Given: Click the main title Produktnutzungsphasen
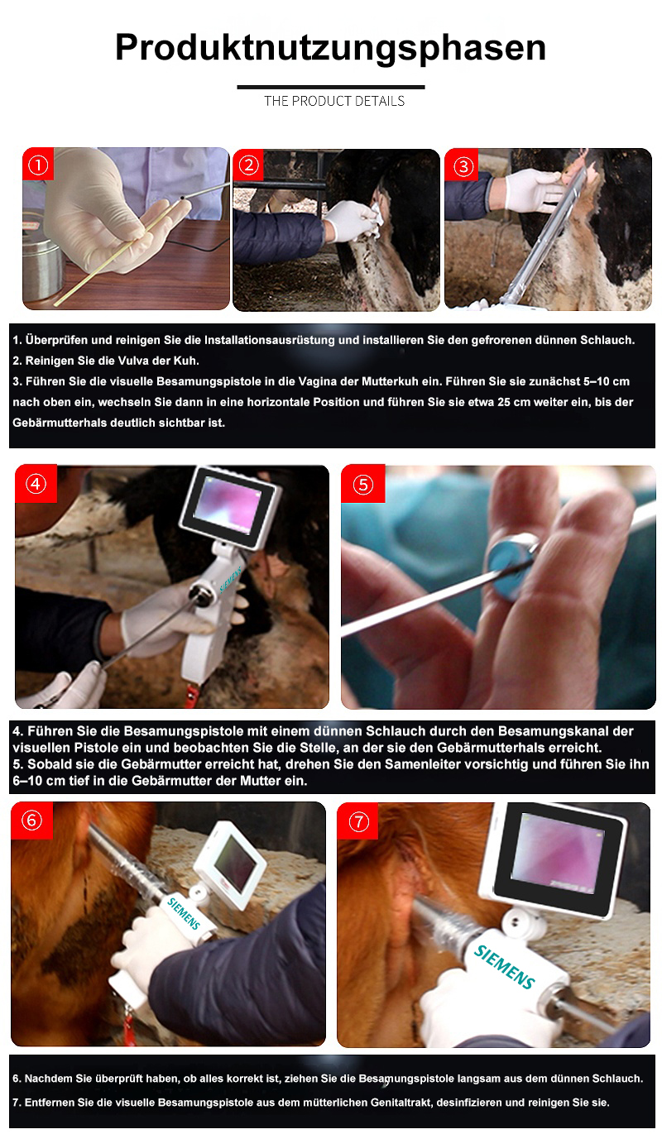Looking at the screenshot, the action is click(x=331, y=49).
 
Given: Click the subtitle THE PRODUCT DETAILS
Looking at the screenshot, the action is click(x=334, y=101).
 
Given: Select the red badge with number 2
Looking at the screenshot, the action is click(x=248, y=165).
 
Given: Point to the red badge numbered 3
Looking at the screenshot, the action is click(x=463, y=165).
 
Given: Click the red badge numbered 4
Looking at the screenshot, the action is click(x=36, y=484).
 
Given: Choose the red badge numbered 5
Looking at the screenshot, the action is click(x=362, y=485).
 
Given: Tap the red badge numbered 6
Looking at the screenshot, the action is click(x=32, y=821).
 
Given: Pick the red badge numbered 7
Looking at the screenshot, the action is click(x=358, y=821).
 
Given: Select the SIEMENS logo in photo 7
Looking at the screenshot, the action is click(x=504, y=967).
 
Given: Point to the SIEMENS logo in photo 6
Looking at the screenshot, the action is click(x=184, y=913).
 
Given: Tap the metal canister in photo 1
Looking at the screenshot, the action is click(x=42, y=265).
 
